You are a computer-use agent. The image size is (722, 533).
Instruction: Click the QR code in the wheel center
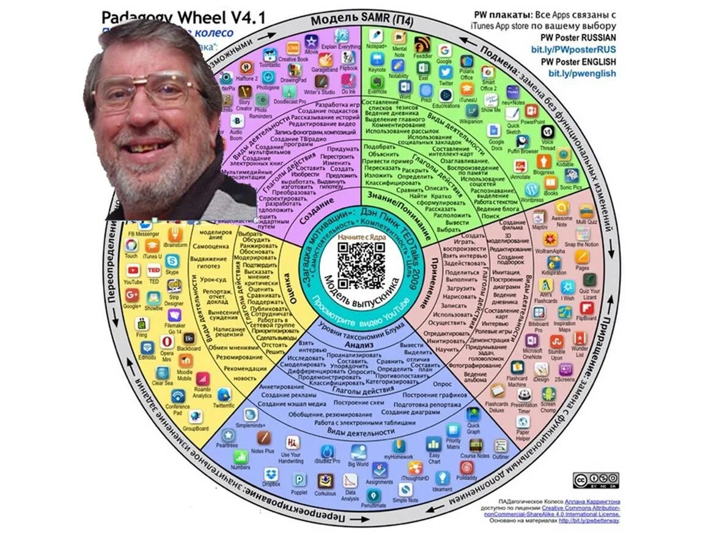(361, 263)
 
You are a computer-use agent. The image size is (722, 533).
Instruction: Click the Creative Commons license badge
(595, 480)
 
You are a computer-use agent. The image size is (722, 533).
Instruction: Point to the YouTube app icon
(132, 270)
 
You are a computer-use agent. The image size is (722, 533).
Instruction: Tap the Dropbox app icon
(271, 474)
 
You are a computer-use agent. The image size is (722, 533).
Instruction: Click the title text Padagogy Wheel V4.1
(183, 17)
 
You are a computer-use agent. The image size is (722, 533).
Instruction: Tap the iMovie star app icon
(312, 42)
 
